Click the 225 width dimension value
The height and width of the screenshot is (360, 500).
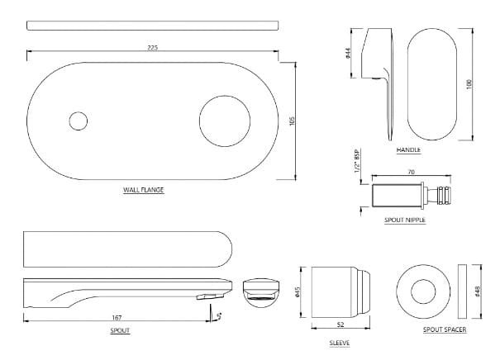point(152,48)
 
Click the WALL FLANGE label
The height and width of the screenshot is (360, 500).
point(143,190)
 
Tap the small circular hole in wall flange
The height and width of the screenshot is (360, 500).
point(78,121)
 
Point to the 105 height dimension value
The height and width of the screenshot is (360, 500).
point(292,121)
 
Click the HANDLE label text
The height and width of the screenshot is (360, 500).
point(408,150)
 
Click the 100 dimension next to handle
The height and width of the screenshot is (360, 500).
point(468,84)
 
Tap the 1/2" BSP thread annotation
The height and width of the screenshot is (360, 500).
point(357,160)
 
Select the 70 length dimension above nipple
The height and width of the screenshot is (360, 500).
point(410,172)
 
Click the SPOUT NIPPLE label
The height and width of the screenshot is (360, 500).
point(405,220)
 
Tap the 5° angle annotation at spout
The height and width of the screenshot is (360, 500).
point(218,315)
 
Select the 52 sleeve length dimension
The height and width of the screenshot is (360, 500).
point(340,324)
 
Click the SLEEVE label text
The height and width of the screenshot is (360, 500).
point(339,341)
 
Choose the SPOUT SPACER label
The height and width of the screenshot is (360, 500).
point(444,329)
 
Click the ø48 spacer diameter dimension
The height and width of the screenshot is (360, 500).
point(478,291)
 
